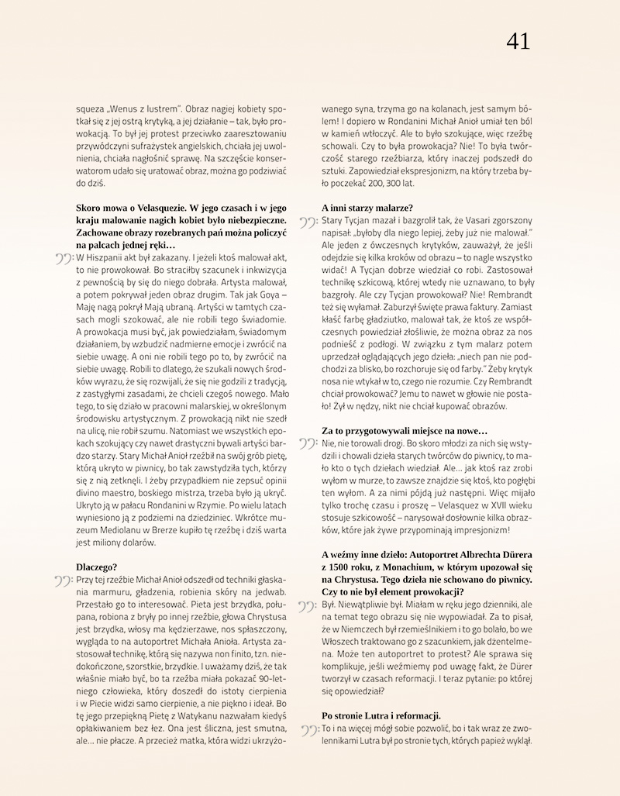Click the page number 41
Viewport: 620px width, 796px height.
point(518,41)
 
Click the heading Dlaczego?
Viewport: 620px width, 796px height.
point(96,567)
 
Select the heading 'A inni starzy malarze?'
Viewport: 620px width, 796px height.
point(367,207)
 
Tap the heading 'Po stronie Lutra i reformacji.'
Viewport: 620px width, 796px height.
point(381,715)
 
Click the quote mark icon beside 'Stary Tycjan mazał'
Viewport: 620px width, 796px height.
point(308,222)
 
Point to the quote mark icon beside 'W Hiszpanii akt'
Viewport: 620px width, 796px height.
point(63,258)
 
